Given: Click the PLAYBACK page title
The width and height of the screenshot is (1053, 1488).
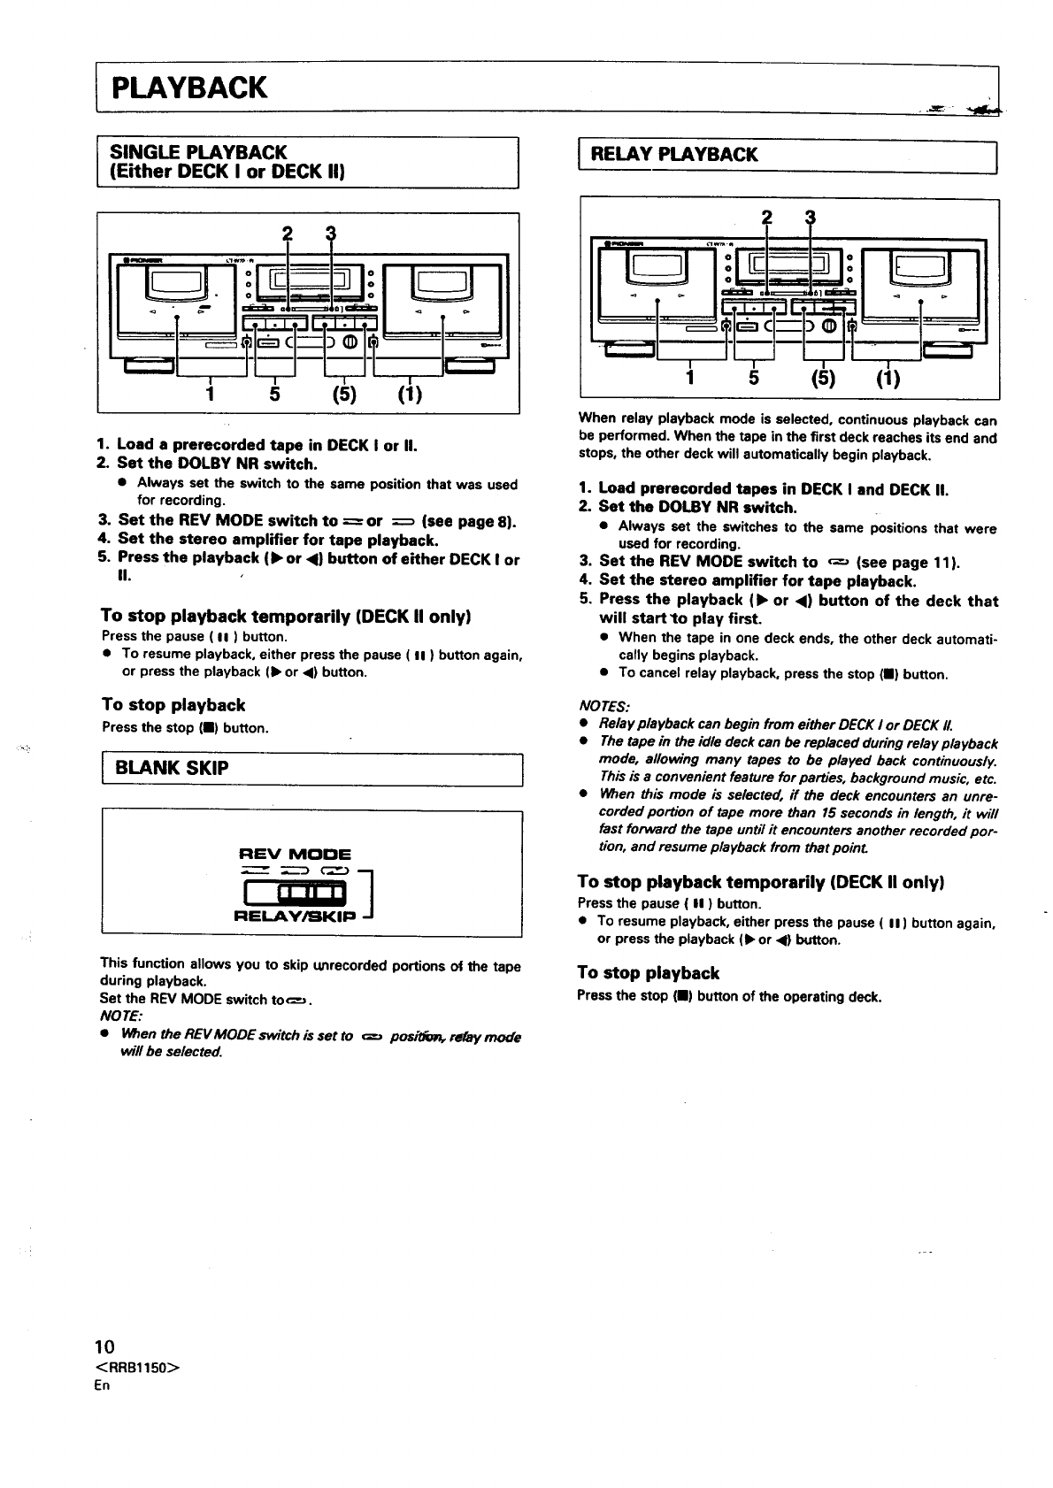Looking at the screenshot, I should [x=188, y=88].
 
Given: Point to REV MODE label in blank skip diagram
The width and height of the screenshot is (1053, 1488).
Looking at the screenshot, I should [x=296, y=855].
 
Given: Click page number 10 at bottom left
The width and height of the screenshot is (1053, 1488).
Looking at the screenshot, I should [x=104, y=1347].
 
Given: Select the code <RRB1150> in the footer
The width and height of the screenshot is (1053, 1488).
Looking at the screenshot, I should [x=136, y=1367].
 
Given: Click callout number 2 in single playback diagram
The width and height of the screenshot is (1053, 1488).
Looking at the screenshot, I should [x=286, y=234].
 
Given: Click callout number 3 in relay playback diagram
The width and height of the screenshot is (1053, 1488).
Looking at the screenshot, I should [x=809, y=219].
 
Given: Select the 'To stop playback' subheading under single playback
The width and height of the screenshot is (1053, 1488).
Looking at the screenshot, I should [x=173, y=705].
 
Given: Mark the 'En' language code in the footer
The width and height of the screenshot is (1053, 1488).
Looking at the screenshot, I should [x=103, y=1385].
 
